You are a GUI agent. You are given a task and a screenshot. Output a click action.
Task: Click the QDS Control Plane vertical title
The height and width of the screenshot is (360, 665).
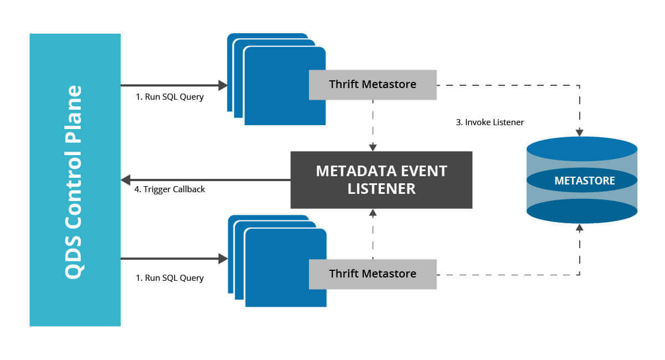pyautogui.click(x=73, y=182)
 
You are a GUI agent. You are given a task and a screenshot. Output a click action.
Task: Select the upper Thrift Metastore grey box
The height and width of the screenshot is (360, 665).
pyautogui.click(x=373, y=85)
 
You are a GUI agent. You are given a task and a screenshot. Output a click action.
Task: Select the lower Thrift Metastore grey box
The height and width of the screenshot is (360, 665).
pyautogui.click(x=373, y=274)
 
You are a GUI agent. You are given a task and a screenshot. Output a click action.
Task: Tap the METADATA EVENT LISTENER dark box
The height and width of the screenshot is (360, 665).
pyautogui.click(x=381, y=180)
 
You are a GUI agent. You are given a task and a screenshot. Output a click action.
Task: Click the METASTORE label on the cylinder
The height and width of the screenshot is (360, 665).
pyautogui.click(x=585, y=181)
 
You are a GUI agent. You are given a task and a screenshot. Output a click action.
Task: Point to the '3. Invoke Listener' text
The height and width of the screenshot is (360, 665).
pyautogui.click(x=490, y=122)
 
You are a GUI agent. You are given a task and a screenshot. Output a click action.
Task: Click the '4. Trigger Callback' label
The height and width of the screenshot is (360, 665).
pyautogui.click(x=169, y=189)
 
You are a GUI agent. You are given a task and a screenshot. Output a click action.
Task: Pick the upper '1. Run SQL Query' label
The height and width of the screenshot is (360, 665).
pyautogui.click(x=169, y=97)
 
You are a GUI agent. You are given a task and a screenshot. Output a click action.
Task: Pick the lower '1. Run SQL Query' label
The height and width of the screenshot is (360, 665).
pyautogui.click(x=169, y=278)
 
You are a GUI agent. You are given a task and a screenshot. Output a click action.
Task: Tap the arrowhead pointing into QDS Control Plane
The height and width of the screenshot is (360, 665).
pyautogui.click(x=126, y=180)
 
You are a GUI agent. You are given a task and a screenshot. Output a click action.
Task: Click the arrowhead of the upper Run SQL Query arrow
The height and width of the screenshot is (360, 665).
pyautogui.click(x=223, y=85)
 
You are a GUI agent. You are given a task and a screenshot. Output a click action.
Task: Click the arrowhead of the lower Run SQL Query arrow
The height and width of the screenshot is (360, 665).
pyautogui.click(x=223, y=259)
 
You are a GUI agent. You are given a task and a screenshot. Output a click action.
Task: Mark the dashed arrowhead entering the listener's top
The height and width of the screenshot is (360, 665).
pyautogui.click(x=373, y=148)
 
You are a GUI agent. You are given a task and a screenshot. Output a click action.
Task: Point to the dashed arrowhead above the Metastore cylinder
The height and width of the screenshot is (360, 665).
pyautogui.click(x=580, y=132)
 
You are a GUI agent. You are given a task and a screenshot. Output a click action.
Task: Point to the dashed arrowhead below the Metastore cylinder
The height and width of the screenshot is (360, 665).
pyautogui.click(x=580, y=228)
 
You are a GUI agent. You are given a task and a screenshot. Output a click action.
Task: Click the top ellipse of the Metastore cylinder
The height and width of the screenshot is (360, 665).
pyautogui.click(x=582, y=149)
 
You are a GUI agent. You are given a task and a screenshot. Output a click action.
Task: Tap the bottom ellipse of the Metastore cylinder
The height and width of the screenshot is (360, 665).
pyautogui.click(x=582, y=211)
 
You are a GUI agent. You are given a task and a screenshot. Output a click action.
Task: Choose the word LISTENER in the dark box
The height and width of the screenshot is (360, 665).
pyautogui.click(x=382, y=189)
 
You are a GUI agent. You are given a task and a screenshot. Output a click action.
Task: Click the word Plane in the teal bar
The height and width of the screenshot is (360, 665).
pyautogui.click(x=73, y=114)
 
